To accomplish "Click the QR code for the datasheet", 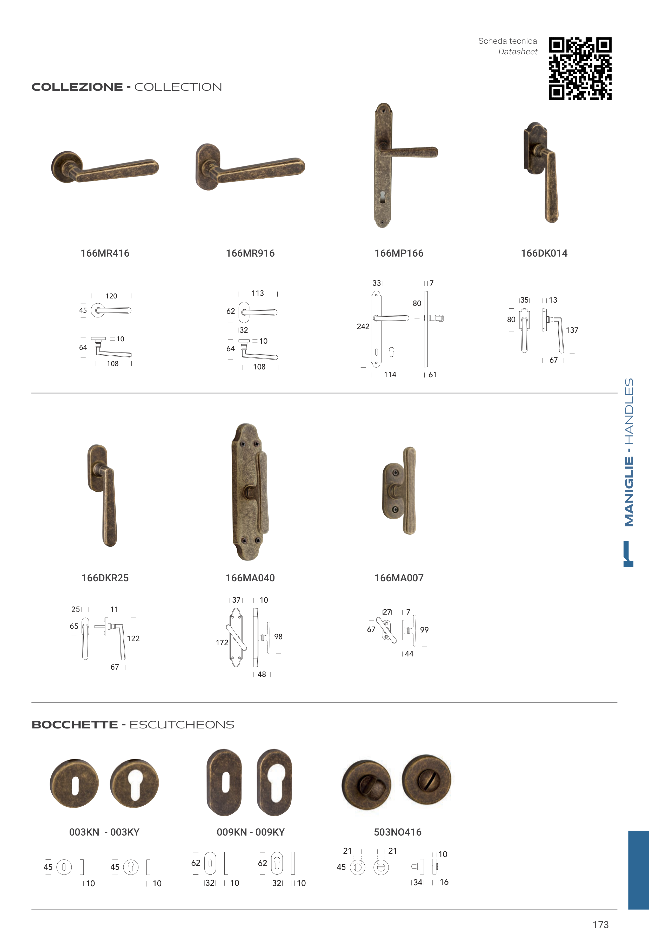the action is (580, 68).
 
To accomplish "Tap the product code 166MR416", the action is (105, 253).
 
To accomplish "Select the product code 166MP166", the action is (399, 253).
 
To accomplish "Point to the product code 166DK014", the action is (544, 253).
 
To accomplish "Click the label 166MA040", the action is (250, 578).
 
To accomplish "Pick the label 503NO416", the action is (398, 832).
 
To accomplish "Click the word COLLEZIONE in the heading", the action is (77, 87).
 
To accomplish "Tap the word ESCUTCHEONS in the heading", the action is (182, 725).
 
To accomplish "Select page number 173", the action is (601, 925).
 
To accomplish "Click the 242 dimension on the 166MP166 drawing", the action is (363, 326).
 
